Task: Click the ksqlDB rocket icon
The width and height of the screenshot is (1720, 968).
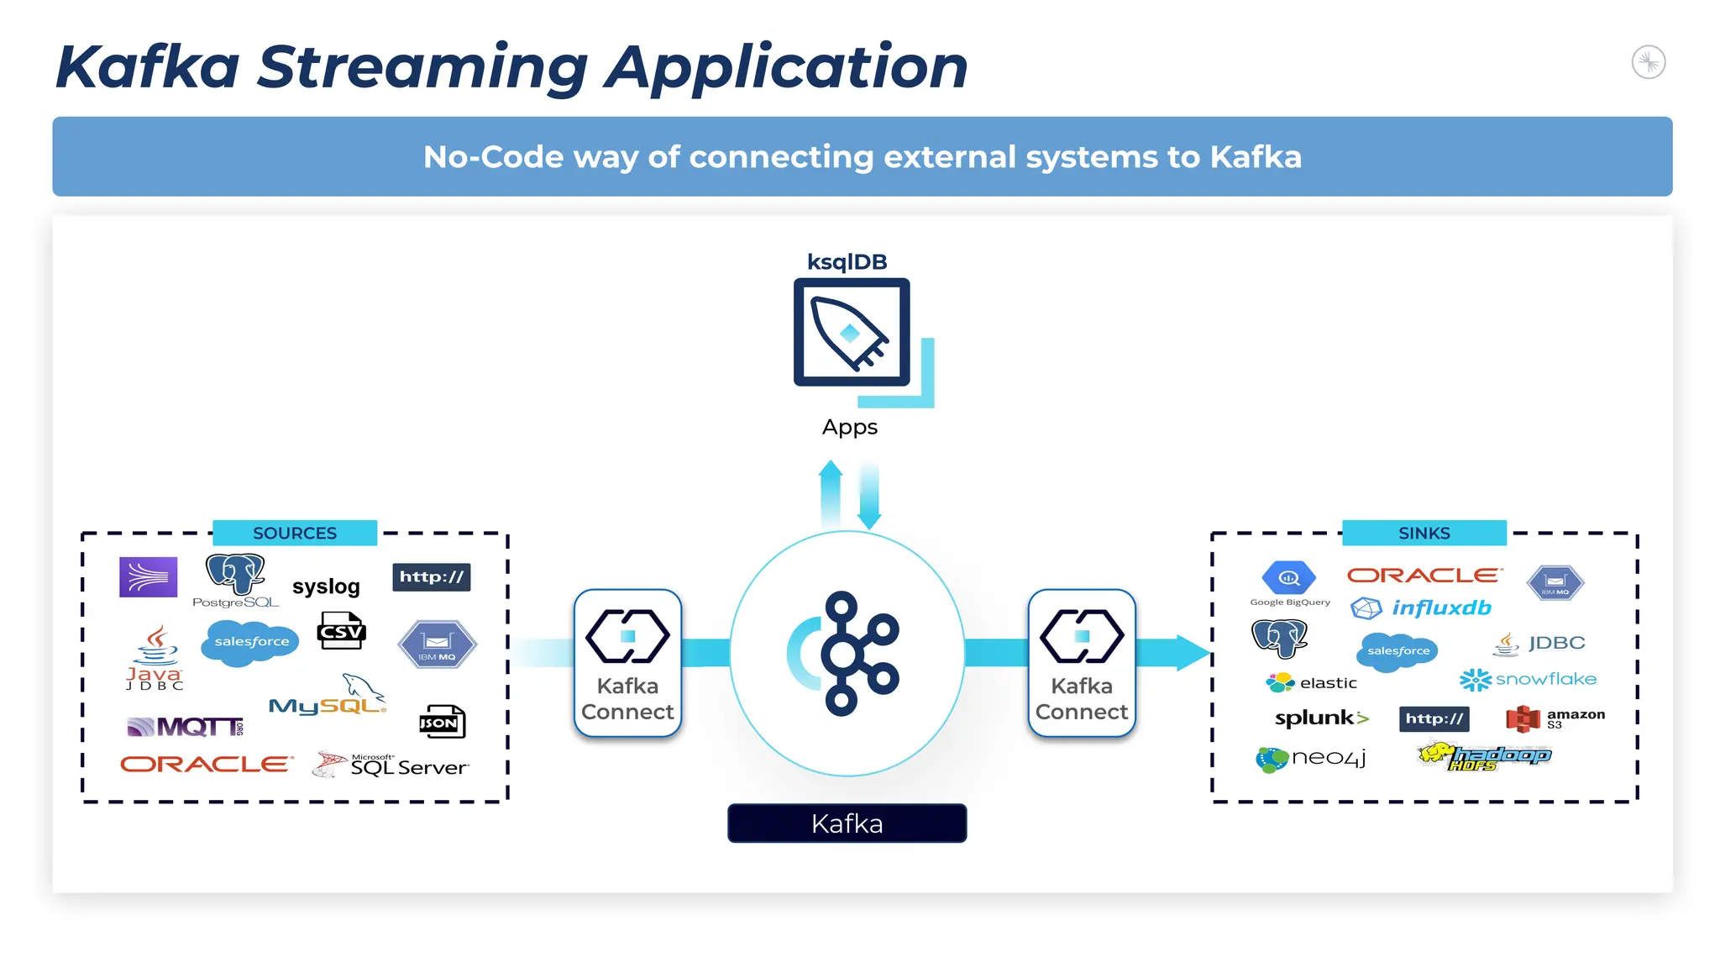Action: coord(851,333)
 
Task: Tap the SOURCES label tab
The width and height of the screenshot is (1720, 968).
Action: coord(294,533)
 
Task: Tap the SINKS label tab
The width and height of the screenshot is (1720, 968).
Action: coord(1424,533)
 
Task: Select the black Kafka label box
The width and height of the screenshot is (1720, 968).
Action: coord(847,823)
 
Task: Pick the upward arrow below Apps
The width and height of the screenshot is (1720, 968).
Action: coord(831,494)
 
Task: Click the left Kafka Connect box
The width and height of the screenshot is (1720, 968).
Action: coord(627,663)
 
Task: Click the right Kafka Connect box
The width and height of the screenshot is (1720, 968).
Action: coord(1082,663)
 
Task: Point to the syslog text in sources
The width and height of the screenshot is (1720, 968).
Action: coord(326,587)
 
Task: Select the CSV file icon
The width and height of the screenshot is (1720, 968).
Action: coord(341,630)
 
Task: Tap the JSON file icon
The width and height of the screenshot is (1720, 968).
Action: coord(442,722)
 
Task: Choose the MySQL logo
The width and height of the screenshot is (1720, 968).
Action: coord(328,697)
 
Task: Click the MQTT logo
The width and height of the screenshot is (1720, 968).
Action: coord(186,727)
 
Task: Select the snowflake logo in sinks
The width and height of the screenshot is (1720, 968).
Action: coord(1528,679)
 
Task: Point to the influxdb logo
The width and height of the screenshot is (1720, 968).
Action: coord(1421,608)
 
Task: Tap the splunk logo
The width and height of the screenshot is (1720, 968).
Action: coord(1321,718)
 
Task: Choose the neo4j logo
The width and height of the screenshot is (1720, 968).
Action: coord(1310,758)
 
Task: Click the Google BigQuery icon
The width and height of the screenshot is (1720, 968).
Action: coord(1288,579)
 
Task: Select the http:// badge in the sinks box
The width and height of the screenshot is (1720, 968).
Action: coord(1434,718)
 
